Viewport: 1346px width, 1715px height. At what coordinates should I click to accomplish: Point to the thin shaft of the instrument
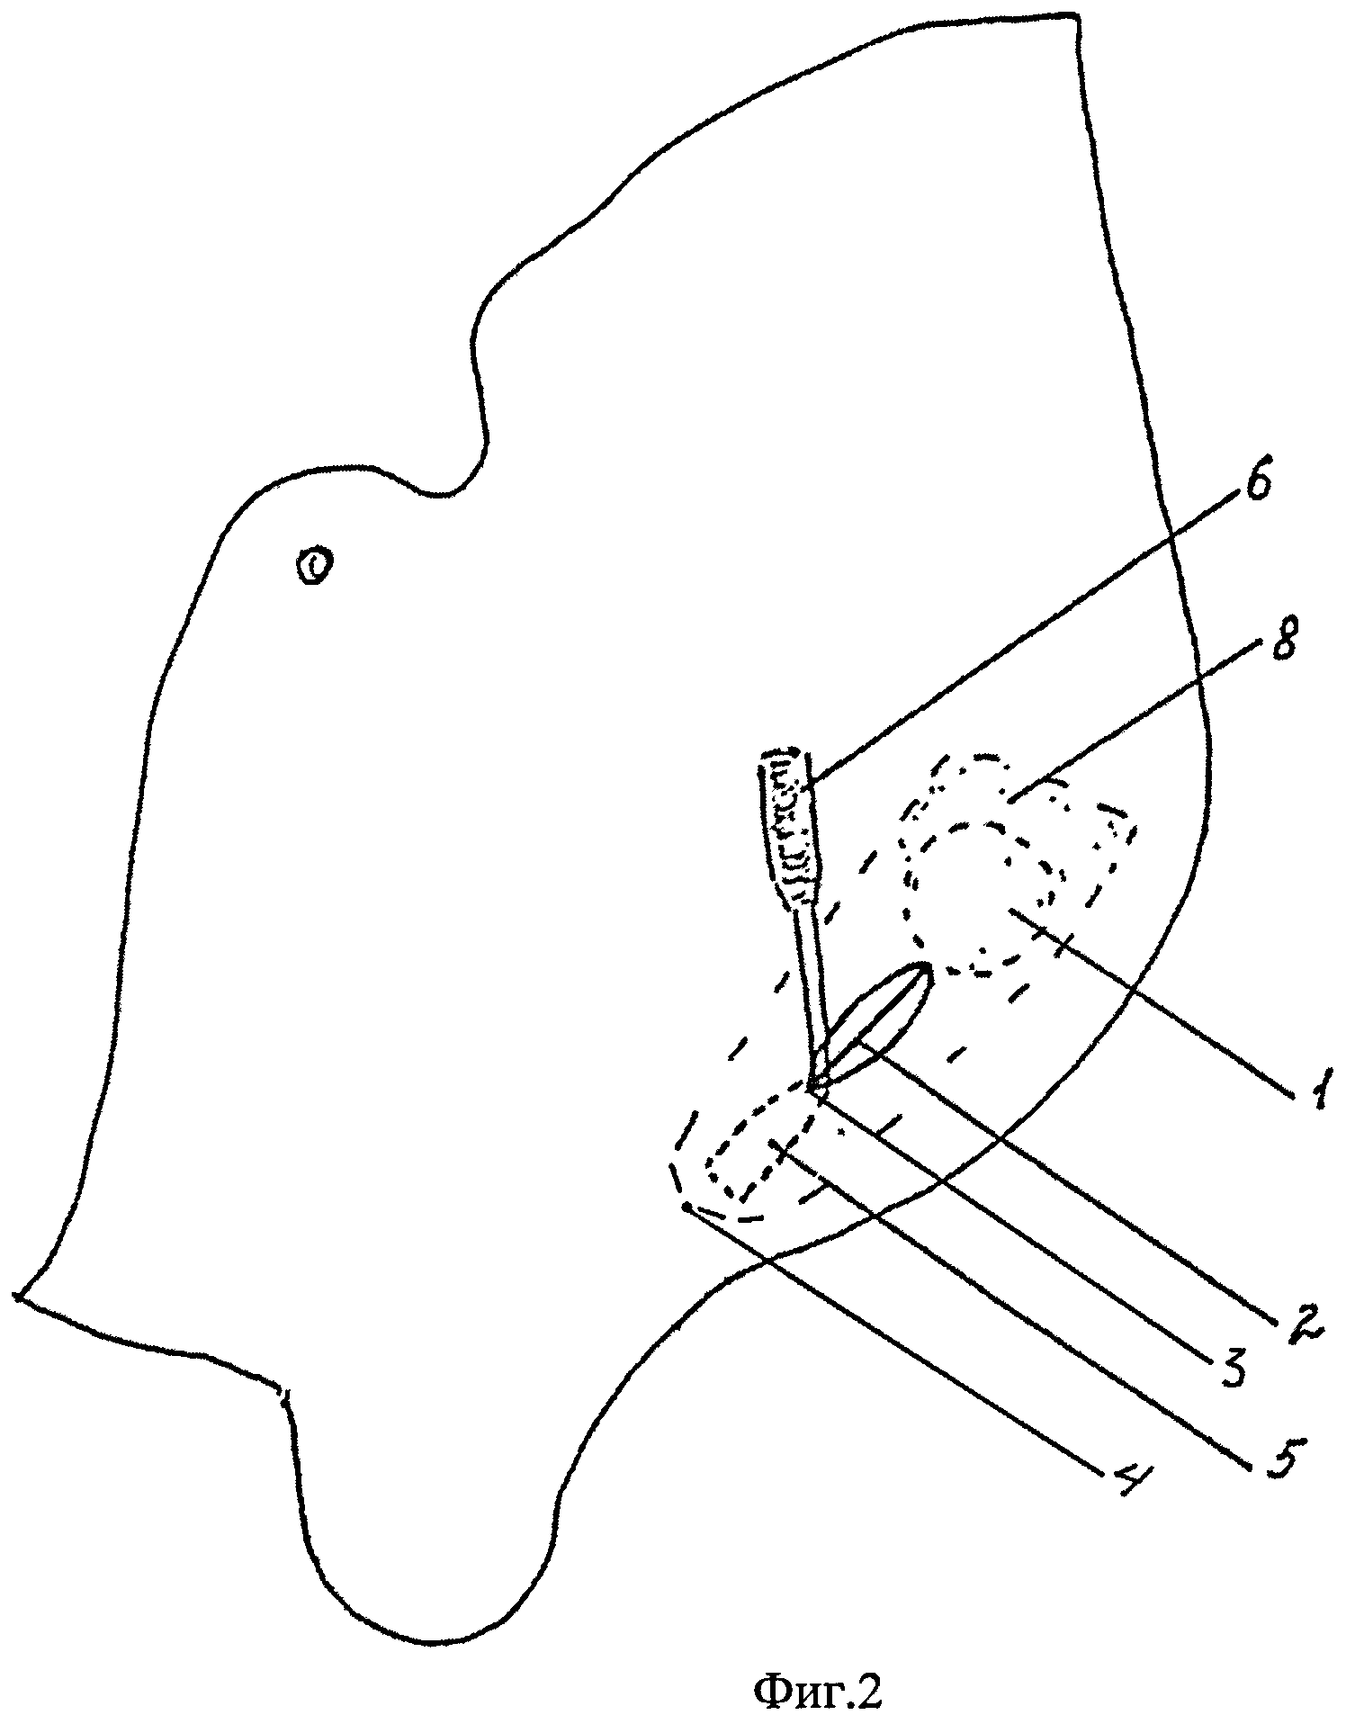click(812, 981)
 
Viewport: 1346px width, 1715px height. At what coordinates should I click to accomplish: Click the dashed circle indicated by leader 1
click(981, 900)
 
